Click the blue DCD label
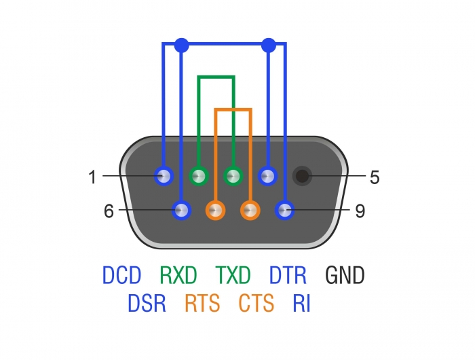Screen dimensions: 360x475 [x=122, y=275]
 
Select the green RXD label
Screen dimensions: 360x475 [x=178, y=275]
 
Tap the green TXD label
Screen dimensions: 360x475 [x=233, y=275]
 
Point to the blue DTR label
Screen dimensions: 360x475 [x=288, y=275]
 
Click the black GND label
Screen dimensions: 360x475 [x=345, y=275]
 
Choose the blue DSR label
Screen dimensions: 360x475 [x=147, y=303]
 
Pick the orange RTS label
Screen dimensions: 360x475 [x=202, y=303]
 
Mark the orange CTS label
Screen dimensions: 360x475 [x=256, y=303]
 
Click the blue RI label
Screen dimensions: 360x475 [x=301, y=303]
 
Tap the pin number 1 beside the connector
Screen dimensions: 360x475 [x=92, y=178]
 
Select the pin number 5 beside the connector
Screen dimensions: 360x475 [x=374, y=178]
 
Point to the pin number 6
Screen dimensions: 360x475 [x=109, y=211]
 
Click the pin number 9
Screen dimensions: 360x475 [x=360, y=211]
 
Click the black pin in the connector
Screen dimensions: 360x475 [x=303, y=177]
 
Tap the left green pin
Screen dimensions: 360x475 [x=199, y=177]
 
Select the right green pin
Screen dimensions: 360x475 [x=233, y=177]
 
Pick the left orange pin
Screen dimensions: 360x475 [x=216, y=211]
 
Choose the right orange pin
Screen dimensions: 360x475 [x=250, y=211]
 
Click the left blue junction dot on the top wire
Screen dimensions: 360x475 [x=181, y=46]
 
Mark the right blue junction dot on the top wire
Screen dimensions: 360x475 [x=269, y=46]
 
